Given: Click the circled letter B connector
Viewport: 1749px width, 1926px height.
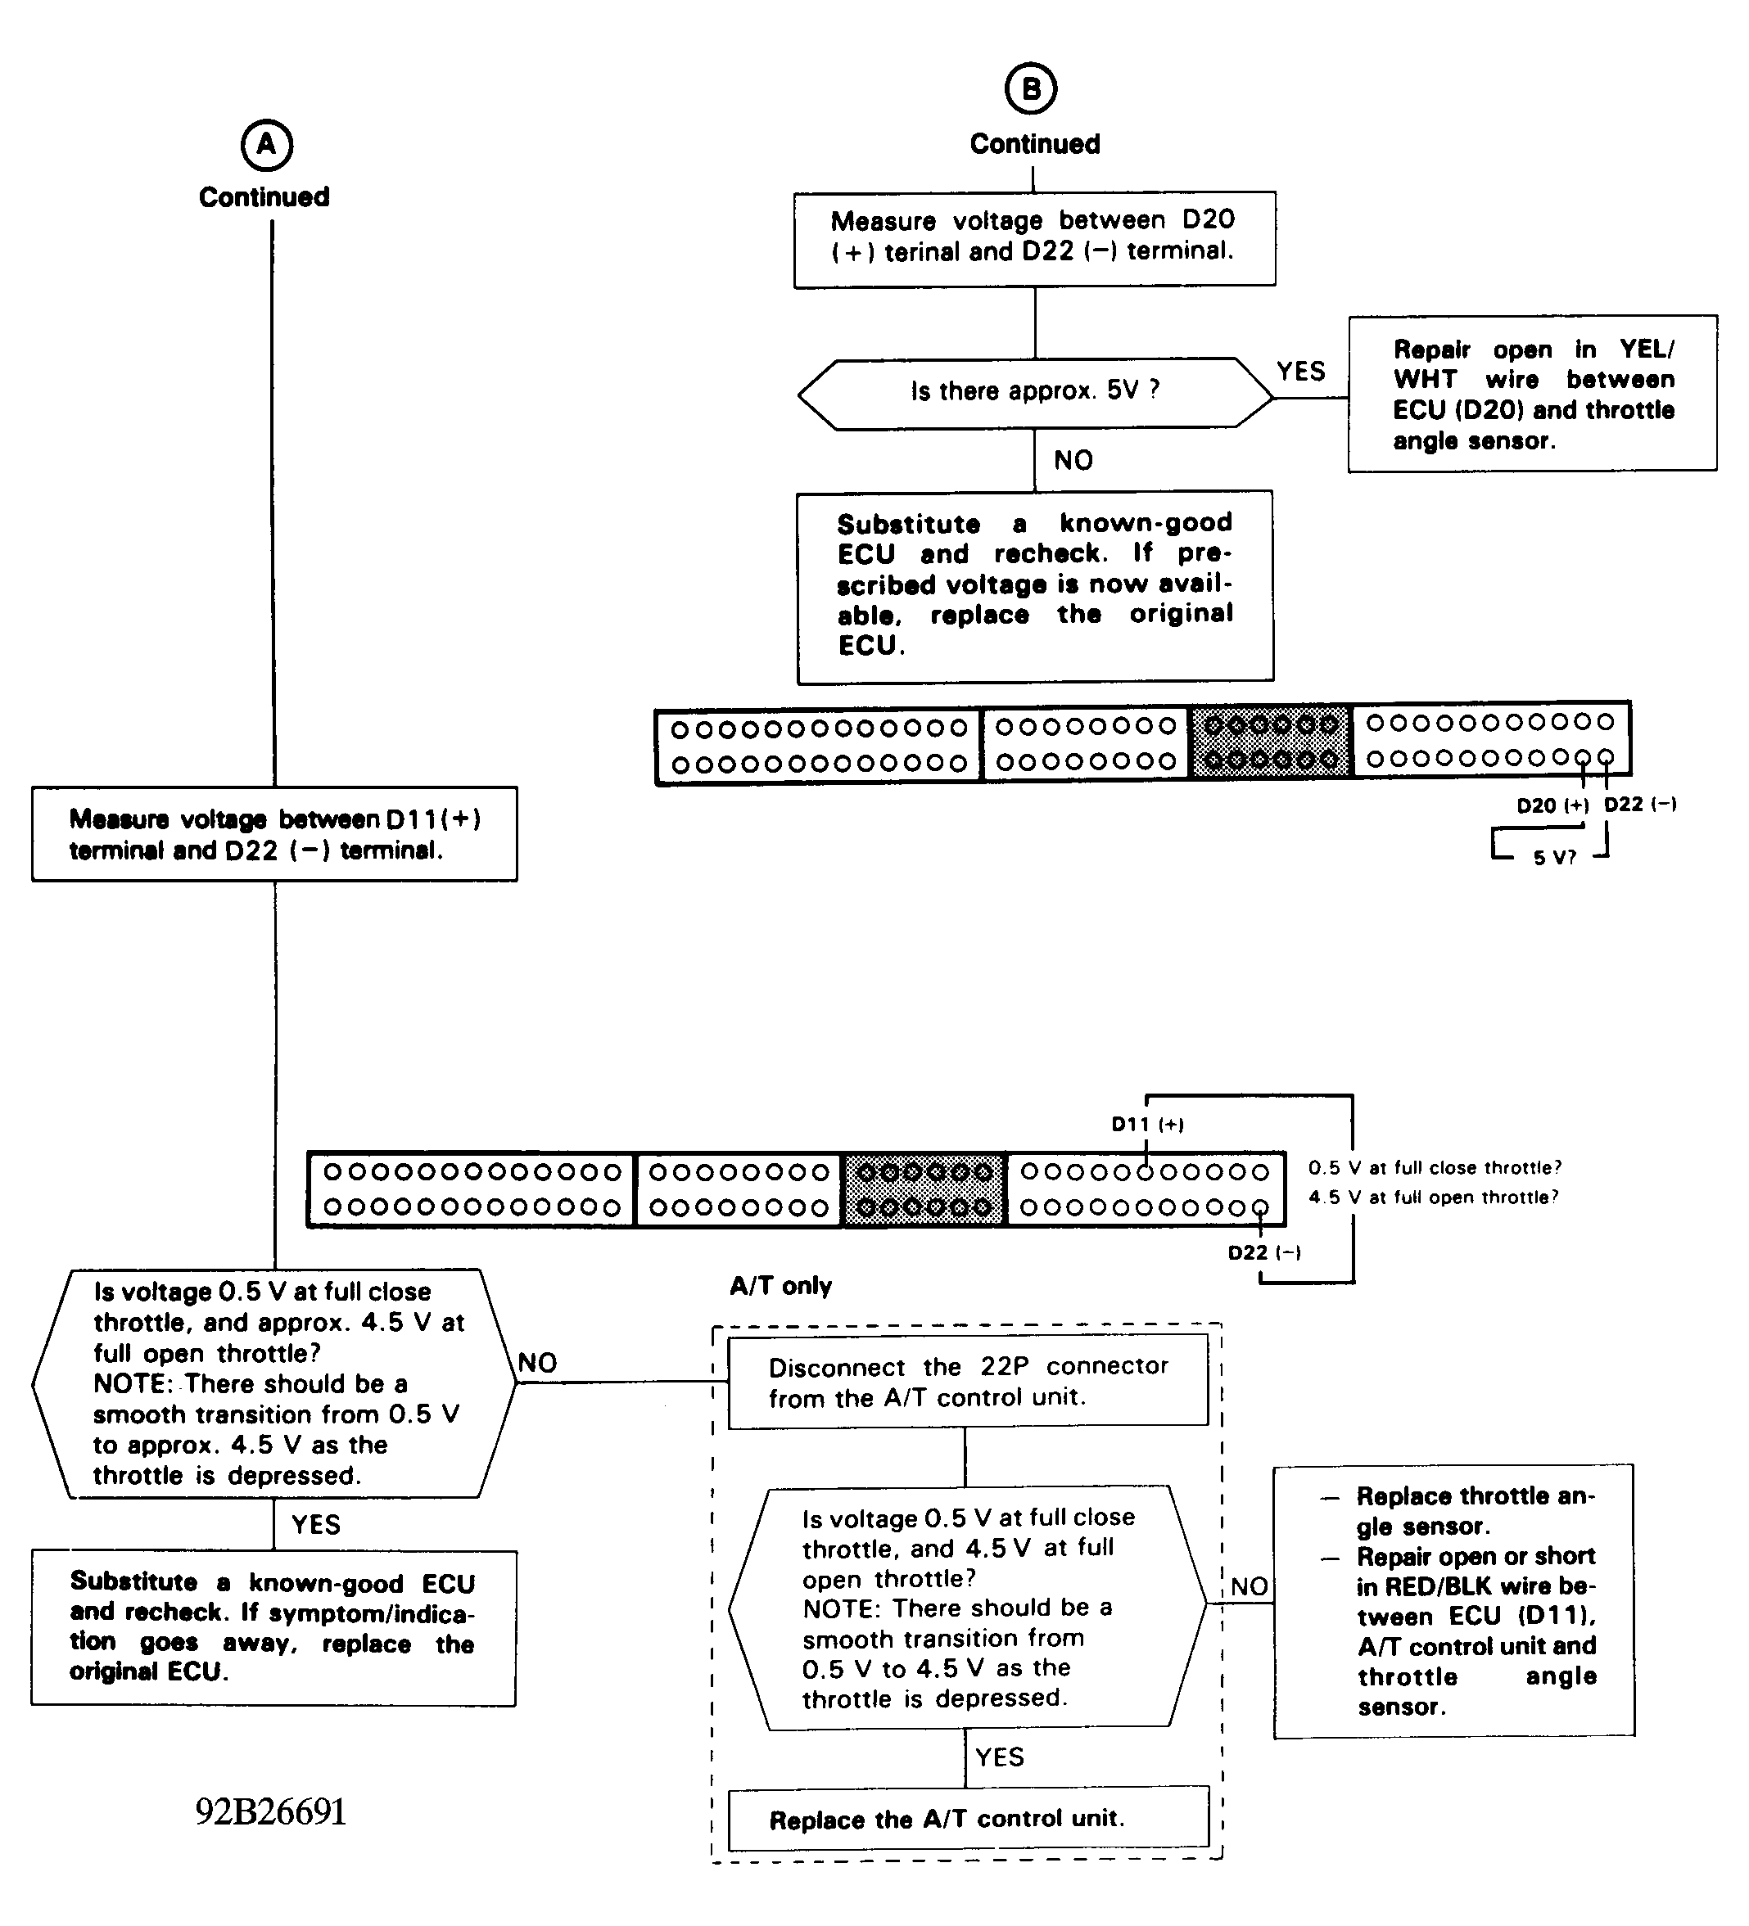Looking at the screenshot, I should [x=1031, y=89].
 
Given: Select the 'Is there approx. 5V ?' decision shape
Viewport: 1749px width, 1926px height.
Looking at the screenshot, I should [x=1035, y=392].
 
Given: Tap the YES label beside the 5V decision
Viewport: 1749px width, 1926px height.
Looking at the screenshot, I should [x=1301, y=372].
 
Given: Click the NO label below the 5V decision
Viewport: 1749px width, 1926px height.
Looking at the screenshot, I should [x=1073, y=461].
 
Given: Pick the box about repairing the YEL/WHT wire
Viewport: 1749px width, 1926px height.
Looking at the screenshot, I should [x=1532, y=394].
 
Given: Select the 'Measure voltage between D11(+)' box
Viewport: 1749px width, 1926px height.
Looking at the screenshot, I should [x=274, y=834].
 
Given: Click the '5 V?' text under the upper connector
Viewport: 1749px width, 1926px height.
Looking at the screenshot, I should [x=1554, y=858].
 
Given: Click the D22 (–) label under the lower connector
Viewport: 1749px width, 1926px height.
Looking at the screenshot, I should [x=1263, y=1252].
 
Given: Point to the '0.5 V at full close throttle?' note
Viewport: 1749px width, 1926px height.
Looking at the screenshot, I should [x=1434, y=1167].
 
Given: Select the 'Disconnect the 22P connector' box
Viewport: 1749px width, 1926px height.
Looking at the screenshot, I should [x=968, y=1382].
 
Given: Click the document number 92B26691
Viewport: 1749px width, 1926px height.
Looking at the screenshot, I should [x=270, y=1811].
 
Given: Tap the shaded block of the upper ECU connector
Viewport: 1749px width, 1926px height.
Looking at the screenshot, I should [x=1270, y=742].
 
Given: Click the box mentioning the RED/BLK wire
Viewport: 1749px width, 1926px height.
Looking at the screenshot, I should [x=1453, y=1601].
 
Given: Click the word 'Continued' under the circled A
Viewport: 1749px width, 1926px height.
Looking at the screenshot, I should [x=264, y=196].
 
